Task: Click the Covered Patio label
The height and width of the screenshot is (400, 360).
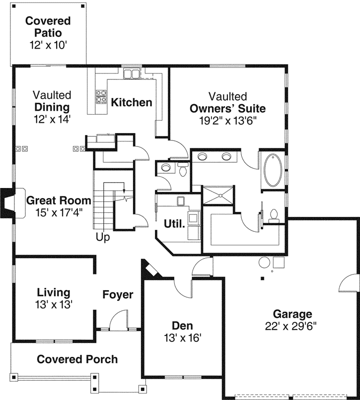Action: [48, 27]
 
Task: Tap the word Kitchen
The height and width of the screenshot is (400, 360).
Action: [131, 103]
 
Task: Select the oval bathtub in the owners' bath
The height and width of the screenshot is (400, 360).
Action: [272, 170]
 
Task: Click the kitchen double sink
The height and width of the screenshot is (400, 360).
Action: [132, 74]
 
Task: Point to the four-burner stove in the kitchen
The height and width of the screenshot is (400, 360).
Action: [101, 96]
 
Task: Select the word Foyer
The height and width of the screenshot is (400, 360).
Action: [118, 295]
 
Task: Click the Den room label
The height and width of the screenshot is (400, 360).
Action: [182, 326]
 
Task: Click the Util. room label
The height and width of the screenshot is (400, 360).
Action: [175, 223]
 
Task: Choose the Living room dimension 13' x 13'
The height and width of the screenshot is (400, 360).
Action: [54, 304]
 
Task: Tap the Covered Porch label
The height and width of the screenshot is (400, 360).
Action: [77, 359]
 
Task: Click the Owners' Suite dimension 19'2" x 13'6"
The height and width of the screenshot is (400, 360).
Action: [227, 120]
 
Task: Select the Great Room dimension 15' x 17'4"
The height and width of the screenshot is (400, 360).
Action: [59, 212]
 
